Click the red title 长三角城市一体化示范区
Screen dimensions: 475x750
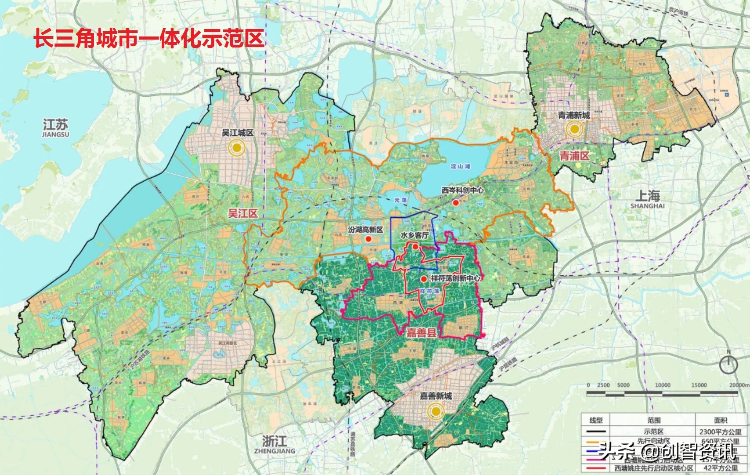(x=149, y=38)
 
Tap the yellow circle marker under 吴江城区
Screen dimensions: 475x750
(x=238, y=148)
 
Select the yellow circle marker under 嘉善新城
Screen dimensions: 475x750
(x=435, y=411)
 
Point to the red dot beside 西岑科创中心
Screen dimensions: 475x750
(x=456, y=203)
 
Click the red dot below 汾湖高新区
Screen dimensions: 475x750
(x=369, y=239)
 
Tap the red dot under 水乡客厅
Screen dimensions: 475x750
(x=415, y=247)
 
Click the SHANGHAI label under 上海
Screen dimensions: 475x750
(x=647, y=206)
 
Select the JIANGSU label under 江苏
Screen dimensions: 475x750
(x=56, y=135)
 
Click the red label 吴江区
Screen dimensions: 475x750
(x=243, y=214)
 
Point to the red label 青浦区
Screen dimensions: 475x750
(x=574, y=156)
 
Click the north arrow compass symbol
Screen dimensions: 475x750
(x=728, y=363)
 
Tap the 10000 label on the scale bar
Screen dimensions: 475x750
(x=663, y=385)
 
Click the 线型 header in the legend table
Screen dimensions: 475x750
(x=596, y=420)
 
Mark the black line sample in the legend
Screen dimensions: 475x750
(x=596, y=432)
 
